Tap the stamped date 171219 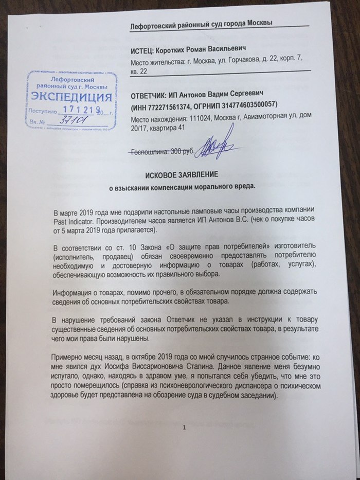click(x=76, y=110)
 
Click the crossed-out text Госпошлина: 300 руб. click(x=161, y=152)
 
